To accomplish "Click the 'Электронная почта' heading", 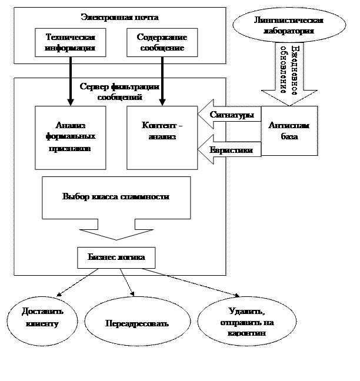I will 120,18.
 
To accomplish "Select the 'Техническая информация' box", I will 71,42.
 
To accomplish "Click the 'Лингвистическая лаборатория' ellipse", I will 289,26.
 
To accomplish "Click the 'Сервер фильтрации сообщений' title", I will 119,91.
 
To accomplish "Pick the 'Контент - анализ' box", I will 162,136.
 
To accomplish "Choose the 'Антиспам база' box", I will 289,131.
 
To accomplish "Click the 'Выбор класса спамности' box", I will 116,197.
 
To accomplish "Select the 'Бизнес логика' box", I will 116,257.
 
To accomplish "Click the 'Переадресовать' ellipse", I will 136,323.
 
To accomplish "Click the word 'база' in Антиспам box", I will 289,137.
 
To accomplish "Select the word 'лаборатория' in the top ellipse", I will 289,31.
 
